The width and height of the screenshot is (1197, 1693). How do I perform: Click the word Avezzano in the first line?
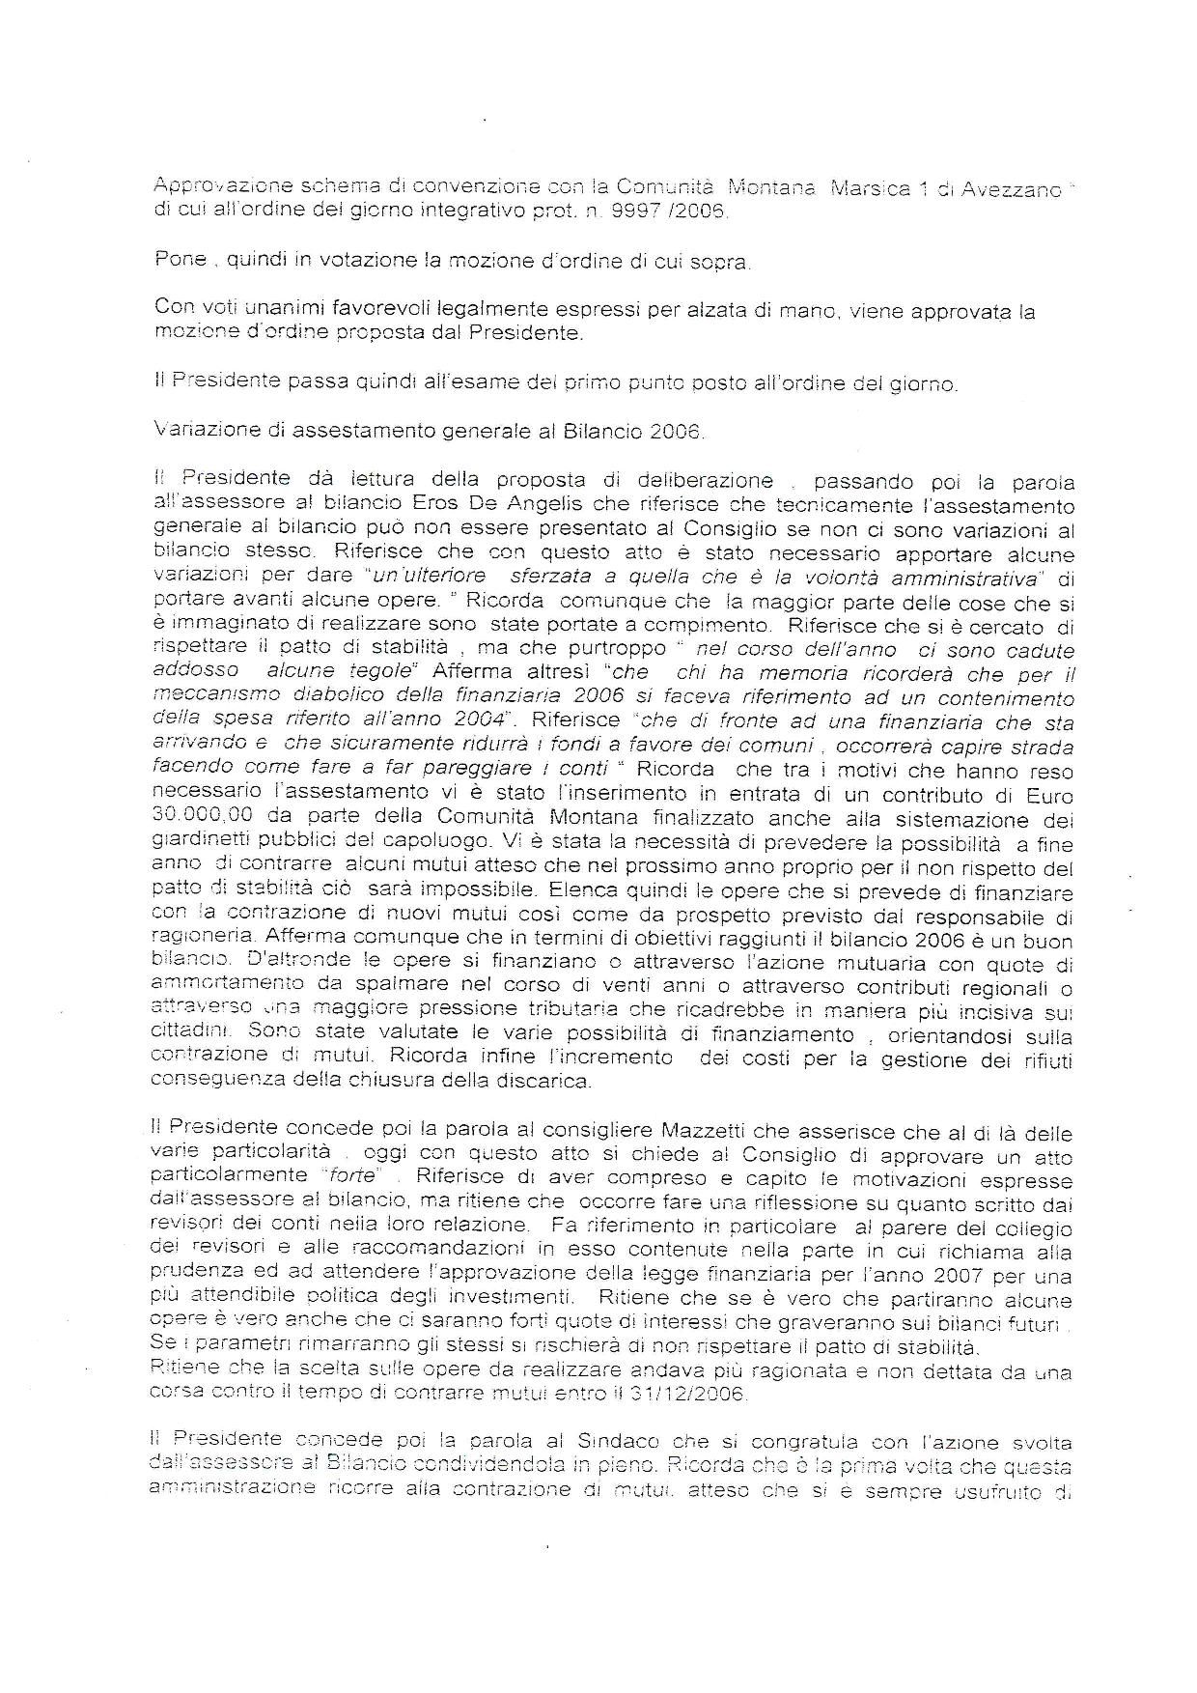tap(1010, 189)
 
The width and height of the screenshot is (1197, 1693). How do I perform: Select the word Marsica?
tap(881, 189)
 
